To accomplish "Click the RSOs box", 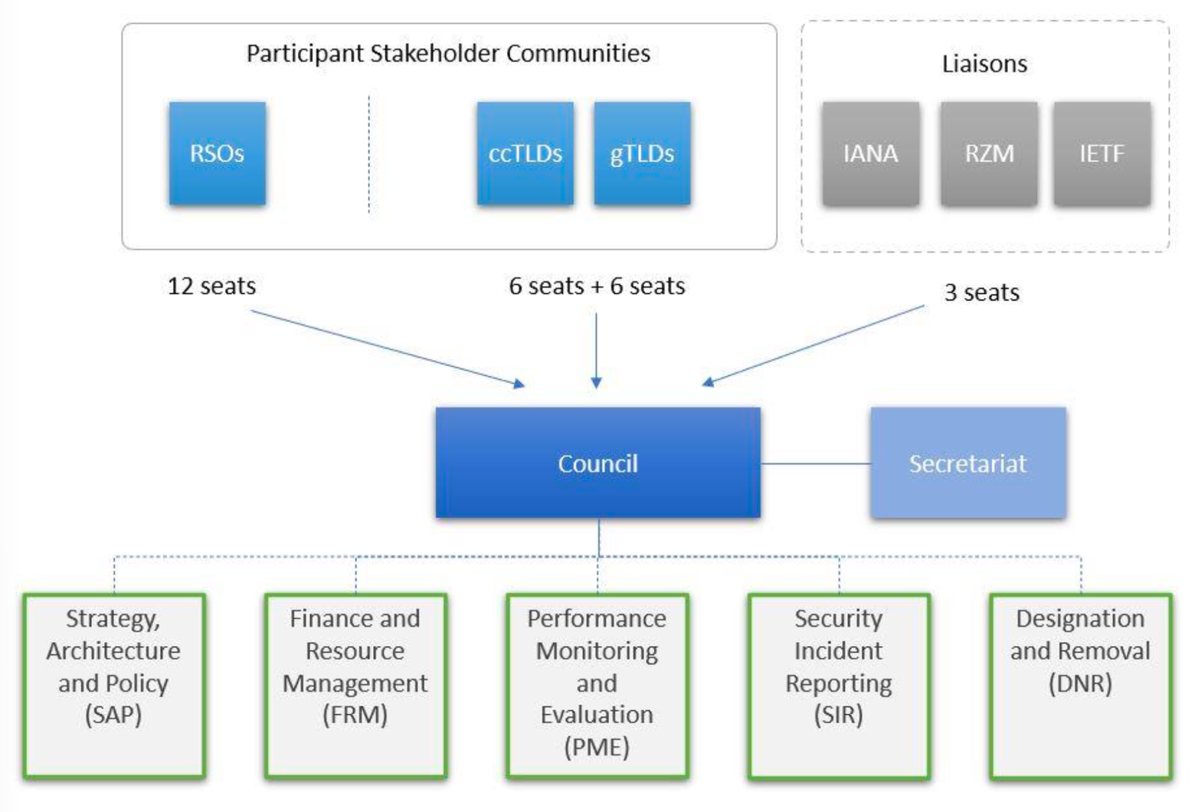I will tap(218, 153).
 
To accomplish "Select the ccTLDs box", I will tap(525, 153).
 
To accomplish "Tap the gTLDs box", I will tap(642, 153).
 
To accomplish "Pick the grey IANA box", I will tap(870, 153).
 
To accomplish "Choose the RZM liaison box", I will tap(989, 153).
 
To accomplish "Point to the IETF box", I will tap(1102, 153).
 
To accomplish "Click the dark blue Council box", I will tap(597, 463).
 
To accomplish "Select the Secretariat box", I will tap(967, 463).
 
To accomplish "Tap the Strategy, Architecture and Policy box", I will tap(113, 686).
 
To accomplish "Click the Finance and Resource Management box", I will tap(355, 686).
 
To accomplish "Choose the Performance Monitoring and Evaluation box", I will tap(597, 686).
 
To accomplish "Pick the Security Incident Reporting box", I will tap(839, 686).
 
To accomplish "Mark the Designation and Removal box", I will tap(1080, 686).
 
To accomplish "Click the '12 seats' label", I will tap(211, 286).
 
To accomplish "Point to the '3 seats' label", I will tap(981, 293).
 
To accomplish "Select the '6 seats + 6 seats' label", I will tap(597, 286).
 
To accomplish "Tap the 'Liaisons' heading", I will tap(984, 64).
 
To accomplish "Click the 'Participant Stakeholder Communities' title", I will tap(448, 54).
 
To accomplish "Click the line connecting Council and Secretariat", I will tap(815, 463).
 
